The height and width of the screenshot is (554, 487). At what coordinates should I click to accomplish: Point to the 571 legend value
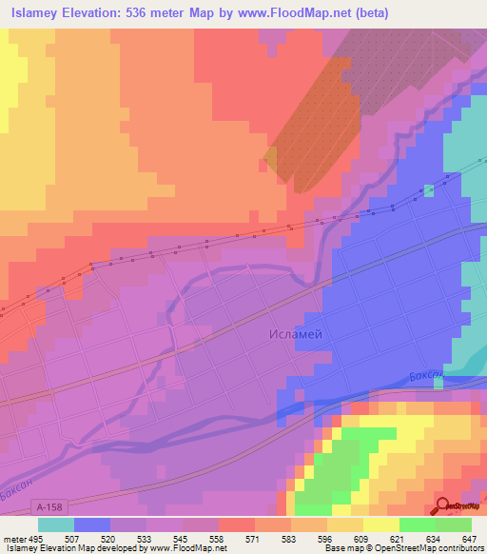click(x=254, y=538)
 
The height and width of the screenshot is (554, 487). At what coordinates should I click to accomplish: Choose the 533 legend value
click(x=146, y=538)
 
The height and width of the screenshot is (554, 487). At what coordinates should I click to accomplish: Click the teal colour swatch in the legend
click(x=55, y=524)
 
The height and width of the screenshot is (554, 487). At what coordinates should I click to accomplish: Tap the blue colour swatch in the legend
click(x=91, y=524)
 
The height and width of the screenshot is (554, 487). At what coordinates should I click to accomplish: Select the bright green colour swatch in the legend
click(x=417, y=524)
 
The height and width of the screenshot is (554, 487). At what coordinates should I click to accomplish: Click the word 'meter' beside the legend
click(x=13, y=538)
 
